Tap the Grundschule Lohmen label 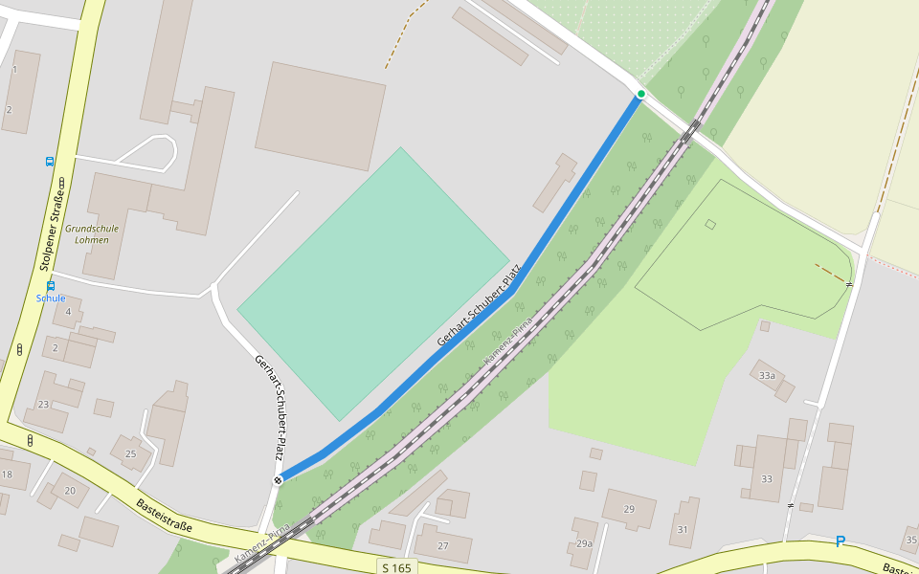[x=93, y=234]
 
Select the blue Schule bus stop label [x=51, y=298]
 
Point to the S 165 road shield [x=396, y=567]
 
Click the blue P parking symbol [x=841, y=541]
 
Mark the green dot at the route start [x=640, y=94]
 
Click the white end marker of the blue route [x=278, y=479]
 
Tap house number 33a [x=767, y=376]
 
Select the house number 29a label [x=584, y=543]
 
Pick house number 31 [x=682, y=529]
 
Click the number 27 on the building [x=443, y=545]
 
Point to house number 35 [x=911, y=541]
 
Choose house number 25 [x=131, y=453]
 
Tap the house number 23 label [x=43, y=405]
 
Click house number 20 [x=70, y=491]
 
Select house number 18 [x=7, y=475]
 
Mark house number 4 [x=68, y=311]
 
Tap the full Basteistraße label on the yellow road [x=165, y=515]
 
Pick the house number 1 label [x=14, y=70]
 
